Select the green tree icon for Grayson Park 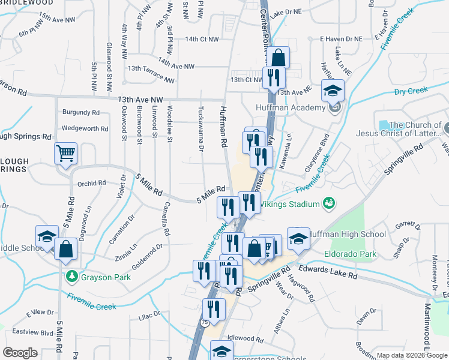[71, 277]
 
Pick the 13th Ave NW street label [140, 100]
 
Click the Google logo [20, 353]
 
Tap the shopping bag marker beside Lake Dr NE [279, 58]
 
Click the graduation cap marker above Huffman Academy [333, 91]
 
